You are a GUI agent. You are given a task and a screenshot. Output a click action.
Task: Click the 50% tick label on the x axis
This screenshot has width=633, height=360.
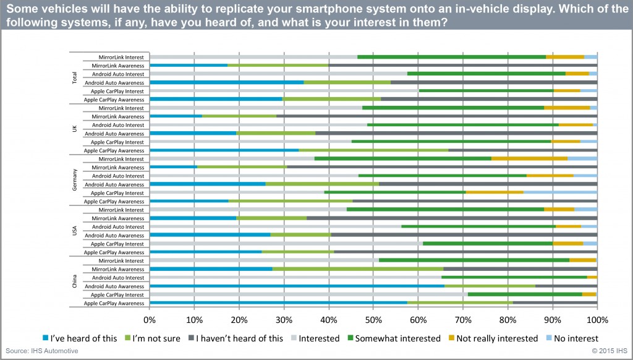pyautogui.click(x=373, y=320)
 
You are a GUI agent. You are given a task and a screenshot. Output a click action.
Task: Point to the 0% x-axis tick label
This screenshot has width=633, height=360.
pyautogui.click(x=150, y=320)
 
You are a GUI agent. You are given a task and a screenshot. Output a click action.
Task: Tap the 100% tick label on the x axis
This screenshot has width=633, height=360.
pyautogui.click(x=597, y=320)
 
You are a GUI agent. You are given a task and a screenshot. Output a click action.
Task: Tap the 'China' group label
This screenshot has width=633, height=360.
pyautogui.click(x=75, y=282)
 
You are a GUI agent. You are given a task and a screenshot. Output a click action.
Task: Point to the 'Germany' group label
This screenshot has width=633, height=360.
pyautogui.click(x=75, y=180)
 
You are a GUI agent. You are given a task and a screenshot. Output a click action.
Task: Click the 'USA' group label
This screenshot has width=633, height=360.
pyautogui.click(x=75, y=231)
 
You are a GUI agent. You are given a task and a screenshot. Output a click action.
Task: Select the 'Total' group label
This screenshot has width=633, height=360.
pyautogui.click(x=75, y=79)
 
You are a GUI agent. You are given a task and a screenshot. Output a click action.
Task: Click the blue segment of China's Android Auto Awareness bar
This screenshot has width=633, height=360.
pyautogui.click(x=297, y=286)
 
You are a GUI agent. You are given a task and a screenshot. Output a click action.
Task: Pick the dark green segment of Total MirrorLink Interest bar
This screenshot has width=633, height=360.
pyautogui.click(x=451, y=57)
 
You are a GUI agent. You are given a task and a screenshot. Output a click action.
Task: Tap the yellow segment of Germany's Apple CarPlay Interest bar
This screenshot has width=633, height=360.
pyautogui.click(x=495, y=192)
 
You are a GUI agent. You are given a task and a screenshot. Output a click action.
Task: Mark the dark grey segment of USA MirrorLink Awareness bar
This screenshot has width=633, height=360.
pyautogui.click(x=451, y=218)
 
